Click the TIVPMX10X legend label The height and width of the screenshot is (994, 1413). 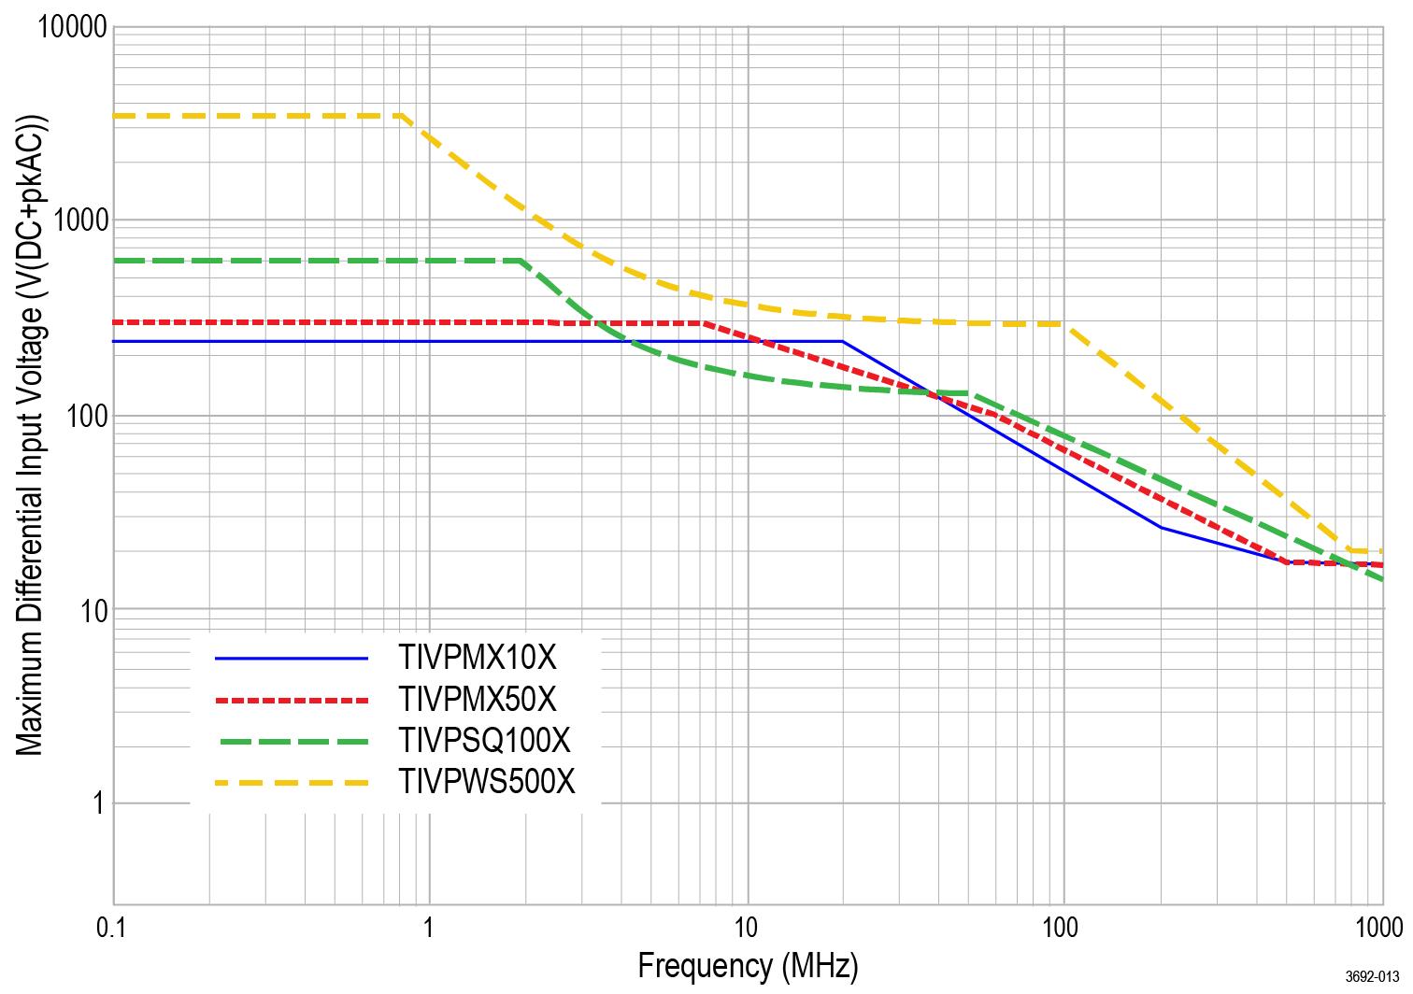tap(478, 659)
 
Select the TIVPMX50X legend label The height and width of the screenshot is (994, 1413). tap(478, 699)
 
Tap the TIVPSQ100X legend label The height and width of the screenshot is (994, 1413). tap(484, 740)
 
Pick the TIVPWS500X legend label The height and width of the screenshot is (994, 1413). tap(487, 781)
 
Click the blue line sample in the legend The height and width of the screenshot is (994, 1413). tap(292, 659)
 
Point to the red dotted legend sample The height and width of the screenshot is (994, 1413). tap(292, 699)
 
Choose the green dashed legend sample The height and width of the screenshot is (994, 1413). tap(292, 741)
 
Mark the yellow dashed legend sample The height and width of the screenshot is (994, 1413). tap(292, 782)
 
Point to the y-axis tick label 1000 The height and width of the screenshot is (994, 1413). tap(79, 221)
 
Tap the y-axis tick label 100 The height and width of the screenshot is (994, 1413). tap(86, 416)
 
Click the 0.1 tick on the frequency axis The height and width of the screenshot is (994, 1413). tap(112, 928)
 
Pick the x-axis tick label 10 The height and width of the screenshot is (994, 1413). tap(746, 928)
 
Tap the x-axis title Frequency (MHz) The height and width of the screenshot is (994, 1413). tap(748, 965)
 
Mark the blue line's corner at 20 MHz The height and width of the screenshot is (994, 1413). tap(842, 342)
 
